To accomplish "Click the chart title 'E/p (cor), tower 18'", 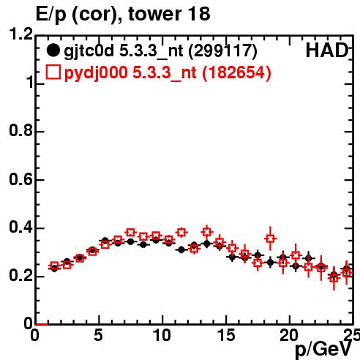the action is click(123, 14).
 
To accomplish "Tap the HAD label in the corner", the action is click(327, 50).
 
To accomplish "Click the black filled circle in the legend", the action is click(53, 50).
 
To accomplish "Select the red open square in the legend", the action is click(53, 72).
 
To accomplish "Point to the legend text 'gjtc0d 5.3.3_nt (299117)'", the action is click(160, 52).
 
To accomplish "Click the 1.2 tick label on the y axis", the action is click(21, 34).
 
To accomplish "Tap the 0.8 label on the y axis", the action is click(21, 130).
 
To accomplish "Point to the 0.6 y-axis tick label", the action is click(21, 179).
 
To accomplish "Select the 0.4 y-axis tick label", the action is click(21, 227).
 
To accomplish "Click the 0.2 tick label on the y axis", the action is click(21, 275).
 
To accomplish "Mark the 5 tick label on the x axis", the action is click(98, 335).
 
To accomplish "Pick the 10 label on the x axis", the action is click(162, 335).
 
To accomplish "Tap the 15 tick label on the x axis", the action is click(226, 335).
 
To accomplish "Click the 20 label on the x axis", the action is click(289, 335).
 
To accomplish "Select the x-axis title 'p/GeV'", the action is click(323, 350).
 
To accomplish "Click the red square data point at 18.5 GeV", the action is click(270, 239).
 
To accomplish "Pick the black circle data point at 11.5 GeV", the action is click(181, 250).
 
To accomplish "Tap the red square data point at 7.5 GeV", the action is click(131, 233).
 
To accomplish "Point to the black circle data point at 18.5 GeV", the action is click(270, 263).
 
